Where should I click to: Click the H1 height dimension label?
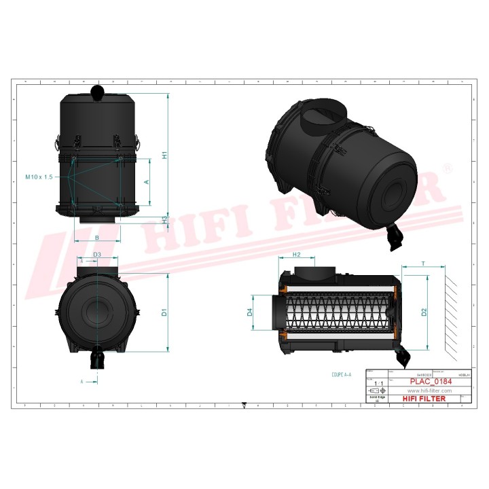(164, 155)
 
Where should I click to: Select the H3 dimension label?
(164, 219)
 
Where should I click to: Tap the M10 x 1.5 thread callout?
(39, 177)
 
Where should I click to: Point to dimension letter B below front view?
(97, 237)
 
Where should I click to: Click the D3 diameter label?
(97, 254)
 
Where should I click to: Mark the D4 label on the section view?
(250, 312)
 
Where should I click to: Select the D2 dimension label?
(424, 312)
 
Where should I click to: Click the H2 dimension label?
(296, 255)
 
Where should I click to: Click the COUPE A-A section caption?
(341, 374)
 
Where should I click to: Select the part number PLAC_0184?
(425, 382)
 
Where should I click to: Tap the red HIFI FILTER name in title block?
(425, 399)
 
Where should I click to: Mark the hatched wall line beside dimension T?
(451, 312)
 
